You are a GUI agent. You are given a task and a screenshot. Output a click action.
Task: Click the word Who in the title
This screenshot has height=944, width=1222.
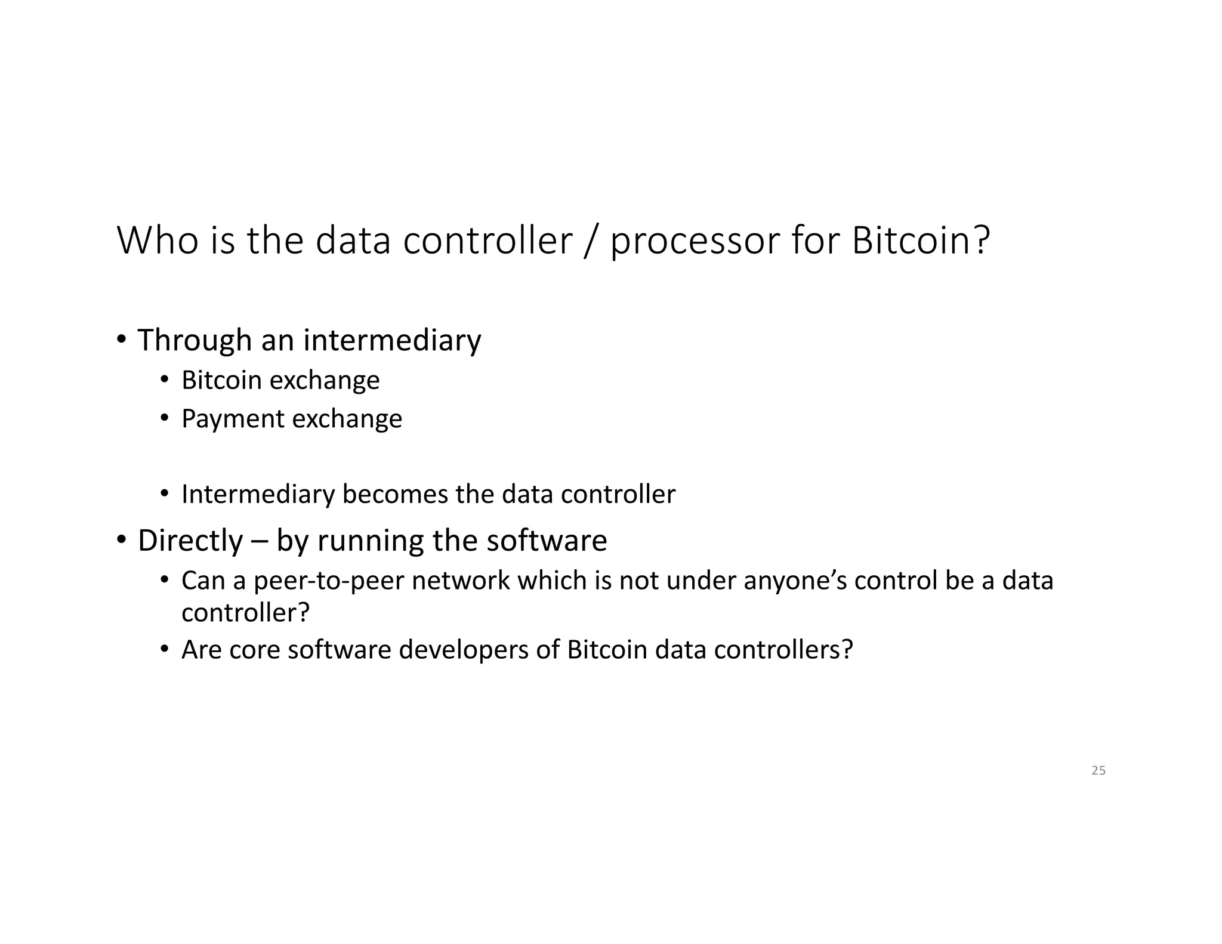[x=157, y=240]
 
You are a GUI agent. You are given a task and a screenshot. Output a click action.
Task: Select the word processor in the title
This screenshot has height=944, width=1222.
[x=695, y=242]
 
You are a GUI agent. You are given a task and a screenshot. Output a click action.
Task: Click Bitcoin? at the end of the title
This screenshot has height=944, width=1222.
[x=921, y=240]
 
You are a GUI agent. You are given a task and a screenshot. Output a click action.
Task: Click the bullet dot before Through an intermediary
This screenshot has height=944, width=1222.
[x=121, y=340]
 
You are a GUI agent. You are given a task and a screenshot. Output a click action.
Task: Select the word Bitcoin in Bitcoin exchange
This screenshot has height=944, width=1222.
[x=221, y=380]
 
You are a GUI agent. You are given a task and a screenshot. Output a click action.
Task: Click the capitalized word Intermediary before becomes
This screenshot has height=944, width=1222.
[x=258, y=494]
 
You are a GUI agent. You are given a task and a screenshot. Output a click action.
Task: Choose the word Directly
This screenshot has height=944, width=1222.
[x=190, y=541]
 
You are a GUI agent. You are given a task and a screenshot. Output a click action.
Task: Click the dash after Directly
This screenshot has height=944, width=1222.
[x=260, y=541]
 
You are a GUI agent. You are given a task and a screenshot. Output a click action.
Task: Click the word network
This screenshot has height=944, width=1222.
[x=461, y=581]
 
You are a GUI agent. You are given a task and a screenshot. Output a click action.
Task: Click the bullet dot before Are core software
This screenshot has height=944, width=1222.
[x=165, y=649]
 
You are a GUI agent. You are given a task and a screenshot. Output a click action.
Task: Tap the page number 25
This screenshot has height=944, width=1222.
[x=1098, y=771]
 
